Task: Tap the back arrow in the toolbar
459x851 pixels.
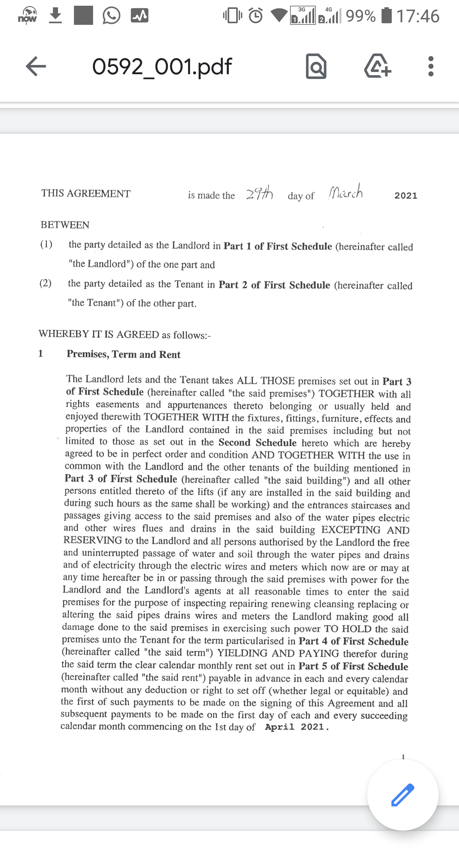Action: pos(36,66)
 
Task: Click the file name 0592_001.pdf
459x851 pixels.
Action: pos(162,66)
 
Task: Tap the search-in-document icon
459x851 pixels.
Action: pos(316,66)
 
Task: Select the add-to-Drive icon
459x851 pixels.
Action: pos(378,66)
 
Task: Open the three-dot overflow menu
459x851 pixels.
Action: pos(431,66)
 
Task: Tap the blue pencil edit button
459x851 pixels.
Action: pos(403,795)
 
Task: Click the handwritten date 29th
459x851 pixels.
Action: pos(259,193)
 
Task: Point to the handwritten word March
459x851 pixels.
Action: pos(346,192)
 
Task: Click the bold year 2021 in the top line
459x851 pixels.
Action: pos(406,196)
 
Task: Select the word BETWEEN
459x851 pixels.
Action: pos(65,225)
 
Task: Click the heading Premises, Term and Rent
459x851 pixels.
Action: pos(123,354)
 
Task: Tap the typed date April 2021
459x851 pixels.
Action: pos(297,727)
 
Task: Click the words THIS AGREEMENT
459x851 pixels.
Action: pos(86,193)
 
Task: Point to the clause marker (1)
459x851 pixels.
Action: pos(46,245)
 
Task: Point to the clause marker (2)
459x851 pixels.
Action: pos(46,283)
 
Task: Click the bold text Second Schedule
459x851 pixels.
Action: pos(257,443)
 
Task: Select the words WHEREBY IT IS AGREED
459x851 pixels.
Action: pos(99,334)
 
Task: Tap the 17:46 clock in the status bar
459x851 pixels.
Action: pos(418,16)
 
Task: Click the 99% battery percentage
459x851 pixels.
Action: pos(361,16)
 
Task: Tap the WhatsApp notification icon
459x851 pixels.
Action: pos(111,16)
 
